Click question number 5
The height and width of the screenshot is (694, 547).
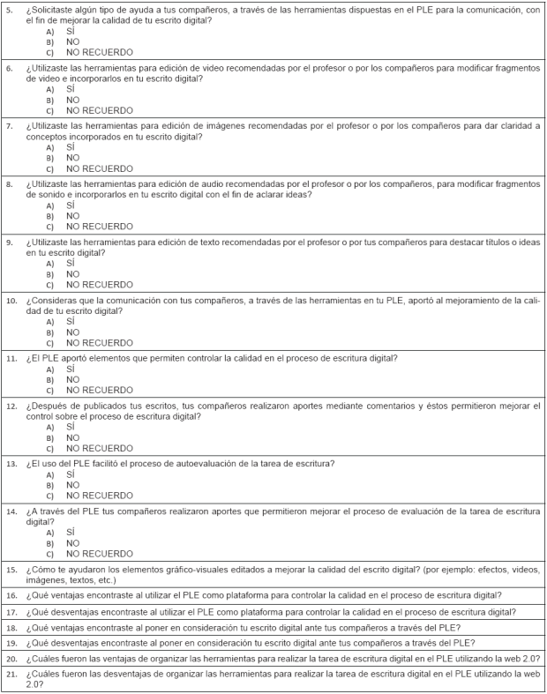[x=10, y=9]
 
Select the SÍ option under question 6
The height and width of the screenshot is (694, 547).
[x=71, y=89]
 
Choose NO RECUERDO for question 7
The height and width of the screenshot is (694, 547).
[x=100, y=168]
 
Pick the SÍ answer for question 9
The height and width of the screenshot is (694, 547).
[x=71, y=263]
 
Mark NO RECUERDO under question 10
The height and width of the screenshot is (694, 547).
[x=100, y=342]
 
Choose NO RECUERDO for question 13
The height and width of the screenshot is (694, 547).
[x=100, y=495]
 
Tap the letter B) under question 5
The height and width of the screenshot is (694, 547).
[x=49, y=41]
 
